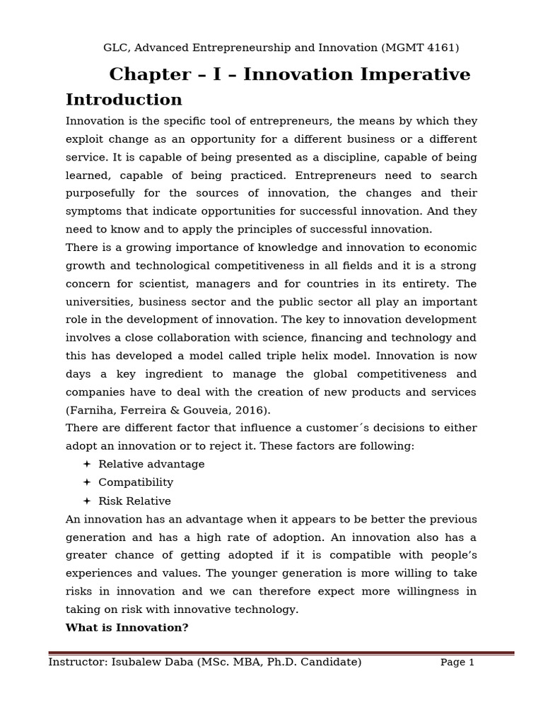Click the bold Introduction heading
point(124,100)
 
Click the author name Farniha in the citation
point(91,410)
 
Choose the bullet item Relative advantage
point(151,465)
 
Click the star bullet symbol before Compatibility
point(87,482)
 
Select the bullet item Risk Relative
point(134,501)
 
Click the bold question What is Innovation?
point(127,628)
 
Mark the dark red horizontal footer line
point(281,653)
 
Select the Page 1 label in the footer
point(457,662)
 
